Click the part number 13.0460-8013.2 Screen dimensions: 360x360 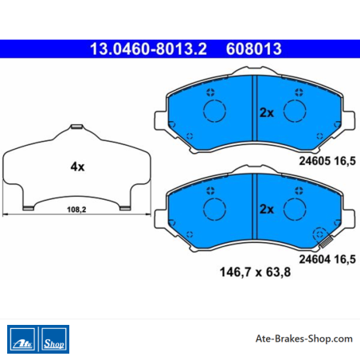tap(148, 49)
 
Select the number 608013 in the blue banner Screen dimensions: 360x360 tap(253, 49)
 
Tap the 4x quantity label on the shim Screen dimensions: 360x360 tap(77, 166)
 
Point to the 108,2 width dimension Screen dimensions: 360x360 tap(76, 209)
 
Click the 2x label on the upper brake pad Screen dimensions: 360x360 tap(267, 112)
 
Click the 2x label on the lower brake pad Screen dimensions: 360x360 tap(267, 209)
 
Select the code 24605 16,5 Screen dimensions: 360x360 tap(327, 161)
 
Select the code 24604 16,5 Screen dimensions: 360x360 tap(327, 259)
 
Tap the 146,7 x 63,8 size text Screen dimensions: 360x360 tap(255, 272)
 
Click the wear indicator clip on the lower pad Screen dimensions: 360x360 tap(326, 242)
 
